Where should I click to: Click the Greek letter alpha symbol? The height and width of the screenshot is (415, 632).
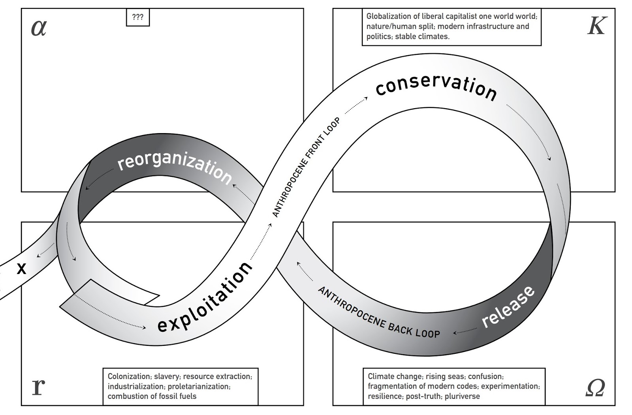coord(39,28)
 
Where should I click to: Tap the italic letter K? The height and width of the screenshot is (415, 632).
coord(596,26)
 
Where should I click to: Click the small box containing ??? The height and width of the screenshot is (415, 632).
coord(137,17)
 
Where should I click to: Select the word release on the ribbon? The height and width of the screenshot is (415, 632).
coord(508,307)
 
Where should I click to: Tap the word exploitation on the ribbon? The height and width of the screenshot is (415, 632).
coord(205,297)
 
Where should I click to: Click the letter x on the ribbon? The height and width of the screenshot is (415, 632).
coord(22,269)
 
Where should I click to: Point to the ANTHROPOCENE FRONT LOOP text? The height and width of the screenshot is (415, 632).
coord(306,167)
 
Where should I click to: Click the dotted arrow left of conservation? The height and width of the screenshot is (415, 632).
coord(356,105)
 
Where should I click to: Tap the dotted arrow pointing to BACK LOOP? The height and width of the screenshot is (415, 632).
coord(465,331)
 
